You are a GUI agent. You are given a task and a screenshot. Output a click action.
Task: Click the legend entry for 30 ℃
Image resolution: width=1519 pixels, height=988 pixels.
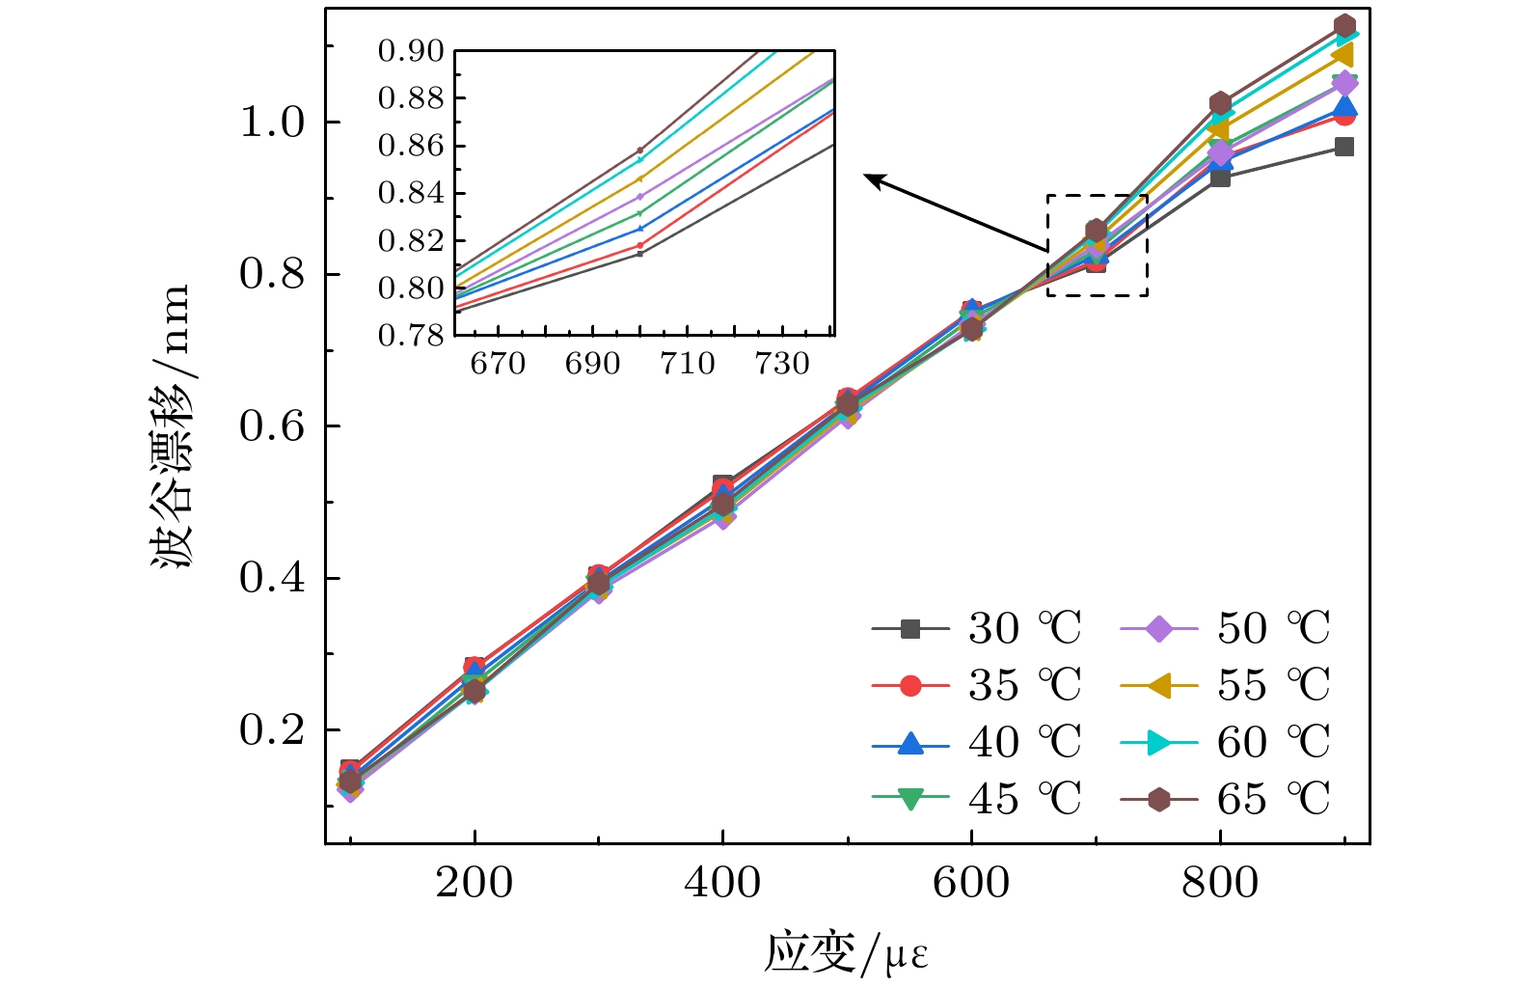(x=974, y=629)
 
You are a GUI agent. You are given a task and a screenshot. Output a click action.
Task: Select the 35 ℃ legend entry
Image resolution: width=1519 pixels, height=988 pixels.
(x=974, y=686)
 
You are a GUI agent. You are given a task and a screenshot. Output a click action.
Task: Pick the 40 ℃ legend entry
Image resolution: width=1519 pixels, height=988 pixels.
(x=974, y=743)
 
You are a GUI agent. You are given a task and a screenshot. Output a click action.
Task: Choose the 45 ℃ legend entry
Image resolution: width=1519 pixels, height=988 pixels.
(x=974, y=800)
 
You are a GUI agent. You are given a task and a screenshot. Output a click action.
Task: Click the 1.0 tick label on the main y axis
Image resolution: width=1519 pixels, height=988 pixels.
(x=272, y=123)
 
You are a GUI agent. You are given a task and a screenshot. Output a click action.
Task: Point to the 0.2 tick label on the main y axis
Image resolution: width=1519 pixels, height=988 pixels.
(x=272, y=730)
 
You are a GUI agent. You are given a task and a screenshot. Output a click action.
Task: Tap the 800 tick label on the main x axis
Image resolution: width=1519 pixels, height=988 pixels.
(x=1220, y=883)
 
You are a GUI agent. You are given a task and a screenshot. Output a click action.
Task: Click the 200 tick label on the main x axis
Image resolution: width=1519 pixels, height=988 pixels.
(x=474, y=883)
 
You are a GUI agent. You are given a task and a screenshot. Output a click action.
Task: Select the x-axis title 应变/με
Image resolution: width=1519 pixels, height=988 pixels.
(x=846, y=954)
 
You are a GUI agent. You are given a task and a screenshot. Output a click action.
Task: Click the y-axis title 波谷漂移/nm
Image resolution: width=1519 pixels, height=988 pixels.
(x=172, y=425)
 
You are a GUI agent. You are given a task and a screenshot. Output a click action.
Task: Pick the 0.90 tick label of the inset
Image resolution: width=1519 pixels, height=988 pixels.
(x=411, y=51)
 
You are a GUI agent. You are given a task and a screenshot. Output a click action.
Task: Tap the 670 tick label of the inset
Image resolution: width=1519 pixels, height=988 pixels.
(x=498, y=364)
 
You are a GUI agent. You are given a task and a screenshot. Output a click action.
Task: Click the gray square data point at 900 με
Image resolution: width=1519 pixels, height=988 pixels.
(x=1344, y=147)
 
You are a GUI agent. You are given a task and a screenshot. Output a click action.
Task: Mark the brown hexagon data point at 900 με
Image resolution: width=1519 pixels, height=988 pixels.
(x=1344, y=26)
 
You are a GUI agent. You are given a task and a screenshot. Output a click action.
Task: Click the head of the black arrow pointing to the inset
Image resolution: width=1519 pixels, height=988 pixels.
(x=867, y=177)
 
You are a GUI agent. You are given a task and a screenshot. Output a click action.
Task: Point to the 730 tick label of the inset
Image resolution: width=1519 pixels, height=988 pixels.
(x=782, y=364)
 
